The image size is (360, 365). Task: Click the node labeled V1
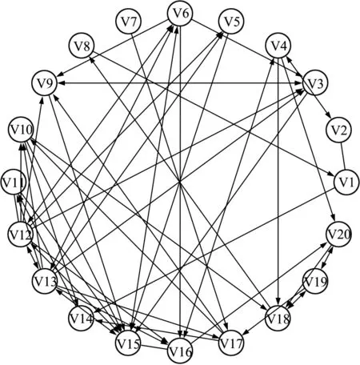(346, 182)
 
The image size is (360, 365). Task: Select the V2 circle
(338, 130)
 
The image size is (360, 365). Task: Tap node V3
(315, 83)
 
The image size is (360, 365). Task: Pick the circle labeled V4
(278, 46)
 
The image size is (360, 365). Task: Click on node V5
(231, 22)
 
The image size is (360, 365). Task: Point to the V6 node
(180, 14)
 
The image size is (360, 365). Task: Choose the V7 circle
(129, 22)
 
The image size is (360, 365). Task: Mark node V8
(82, 46)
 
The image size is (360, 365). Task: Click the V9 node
(44, 83)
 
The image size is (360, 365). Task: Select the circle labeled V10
(21, 130)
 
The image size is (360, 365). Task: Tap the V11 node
(13, 182)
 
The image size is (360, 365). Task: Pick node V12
(20, 235)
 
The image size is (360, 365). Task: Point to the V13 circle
(44, 282)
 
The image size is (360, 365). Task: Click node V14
(82, 319)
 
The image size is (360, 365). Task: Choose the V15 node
(128, 343)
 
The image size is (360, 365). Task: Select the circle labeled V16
(180, 351)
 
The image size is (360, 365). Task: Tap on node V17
(231, 343)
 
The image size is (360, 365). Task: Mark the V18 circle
(278, 319)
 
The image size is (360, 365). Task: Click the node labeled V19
(315, 282)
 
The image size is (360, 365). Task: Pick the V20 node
(338, 235)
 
